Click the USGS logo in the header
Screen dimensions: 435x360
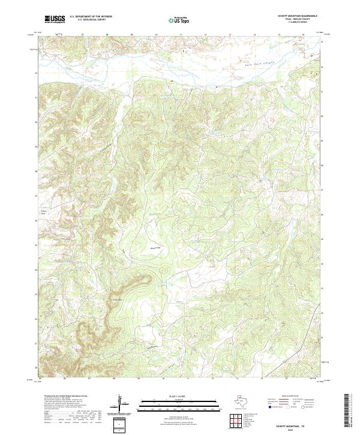(x=55, y=19)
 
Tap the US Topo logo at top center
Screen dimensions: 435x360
(x=181, y=20)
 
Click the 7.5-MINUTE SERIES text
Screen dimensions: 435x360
(x=285, y=23)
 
